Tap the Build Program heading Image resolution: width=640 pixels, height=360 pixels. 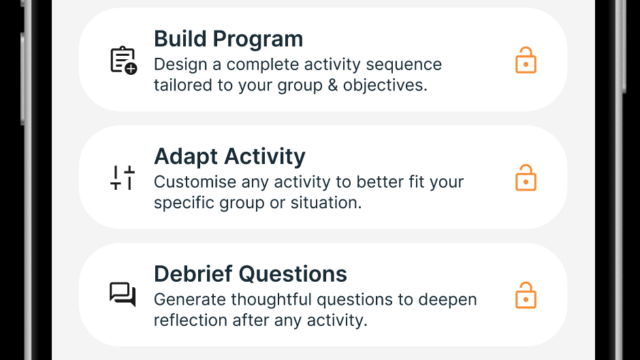click(228, 40)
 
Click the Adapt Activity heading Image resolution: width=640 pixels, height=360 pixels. click(230, 157)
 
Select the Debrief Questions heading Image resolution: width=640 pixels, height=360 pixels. click(250, 274)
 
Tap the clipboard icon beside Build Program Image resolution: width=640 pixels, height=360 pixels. click(122, 61)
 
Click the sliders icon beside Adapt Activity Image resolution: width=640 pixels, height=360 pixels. click(122, 178)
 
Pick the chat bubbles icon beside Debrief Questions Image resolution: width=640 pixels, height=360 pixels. click(122, 294)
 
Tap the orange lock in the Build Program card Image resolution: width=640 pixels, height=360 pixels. click(525, 61)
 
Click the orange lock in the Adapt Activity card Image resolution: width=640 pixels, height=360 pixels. click(525, 178)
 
